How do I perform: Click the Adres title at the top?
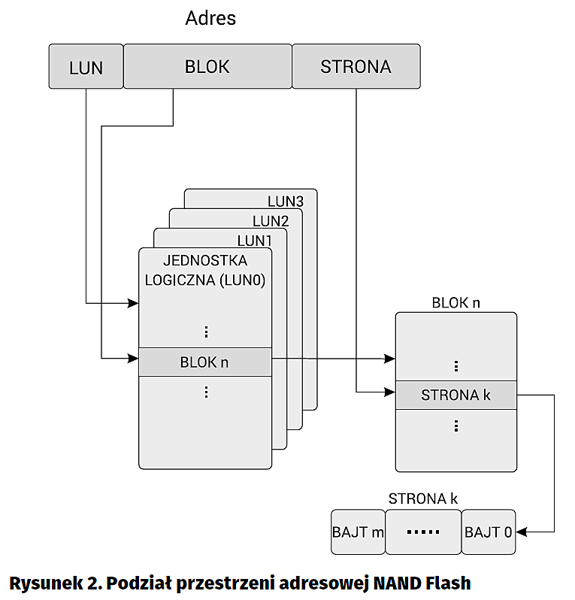pos(210,18)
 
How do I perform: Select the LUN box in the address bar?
pos(86,67)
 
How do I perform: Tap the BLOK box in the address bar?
pos(207,66)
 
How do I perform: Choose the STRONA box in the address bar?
pos(356,66)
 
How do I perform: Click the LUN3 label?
pos(286,202)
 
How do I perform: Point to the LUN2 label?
pos(271,221)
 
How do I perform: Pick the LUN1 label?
pos(255,241)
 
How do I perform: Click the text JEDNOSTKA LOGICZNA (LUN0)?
pos(205,270)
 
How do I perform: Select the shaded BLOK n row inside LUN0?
pos(204,362)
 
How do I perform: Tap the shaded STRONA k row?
pos(455,394)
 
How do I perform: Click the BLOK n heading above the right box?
pos(455,303)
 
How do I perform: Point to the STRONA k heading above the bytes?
pos(423,498)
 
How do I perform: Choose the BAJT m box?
pos(358,532)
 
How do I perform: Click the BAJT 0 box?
pos(489,532)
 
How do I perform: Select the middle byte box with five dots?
pos(422,532)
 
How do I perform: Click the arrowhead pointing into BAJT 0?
pos(522,532)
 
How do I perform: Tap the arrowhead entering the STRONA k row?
pos(389,392)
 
